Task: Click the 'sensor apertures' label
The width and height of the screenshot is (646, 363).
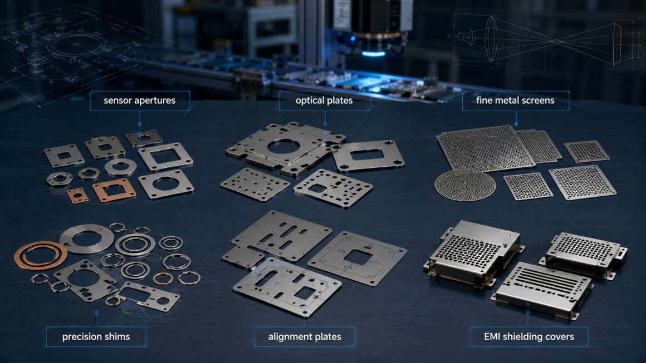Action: coord(140,101)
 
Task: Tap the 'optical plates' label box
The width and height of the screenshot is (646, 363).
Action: coord(324,101)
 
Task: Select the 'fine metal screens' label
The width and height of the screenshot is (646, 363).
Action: coord(515,101)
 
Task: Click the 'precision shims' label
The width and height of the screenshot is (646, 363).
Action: coord(96,337)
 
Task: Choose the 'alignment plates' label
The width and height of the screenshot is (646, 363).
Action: coord(305,337)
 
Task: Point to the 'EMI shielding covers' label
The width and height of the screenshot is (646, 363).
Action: coord(529,337)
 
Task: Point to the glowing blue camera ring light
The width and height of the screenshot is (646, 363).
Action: coord(374,53)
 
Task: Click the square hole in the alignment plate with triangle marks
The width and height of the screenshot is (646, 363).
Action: coord(358,258)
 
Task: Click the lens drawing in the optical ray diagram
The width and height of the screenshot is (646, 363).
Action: coord(491,39)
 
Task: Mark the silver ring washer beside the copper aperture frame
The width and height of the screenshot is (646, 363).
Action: coord(120,167)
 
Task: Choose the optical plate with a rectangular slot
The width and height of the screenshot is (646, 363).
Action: coord(368,155)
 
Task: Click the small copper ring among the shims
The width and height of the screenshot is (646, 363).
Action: coord(163,279)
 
